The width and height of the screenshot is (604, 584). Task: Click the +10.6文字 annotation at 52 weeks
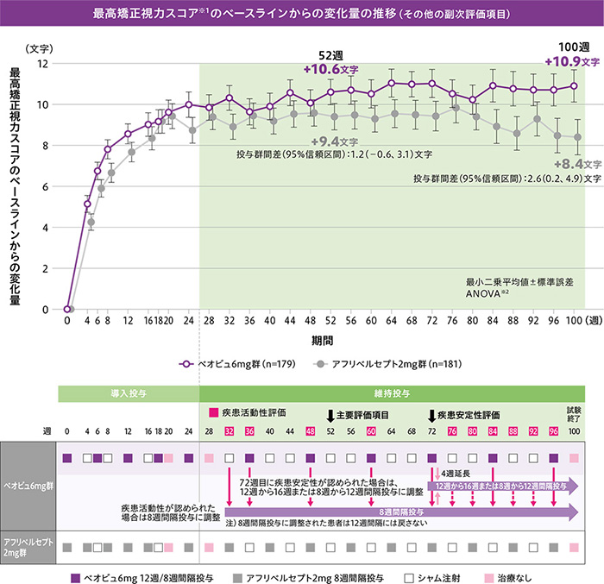point(331,69)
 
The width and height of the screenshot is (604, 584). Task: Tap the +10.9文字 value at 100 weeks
point(572,62)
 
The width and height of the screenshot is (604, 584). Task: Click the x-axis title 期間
point(324,341)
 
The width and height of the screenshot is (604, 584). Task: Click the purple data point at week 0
point(66,309)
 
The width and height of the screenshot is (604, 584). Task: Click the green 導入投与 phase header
point(129,392)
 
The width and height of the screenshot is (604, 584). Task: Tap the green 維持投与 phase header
point(392,392)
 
